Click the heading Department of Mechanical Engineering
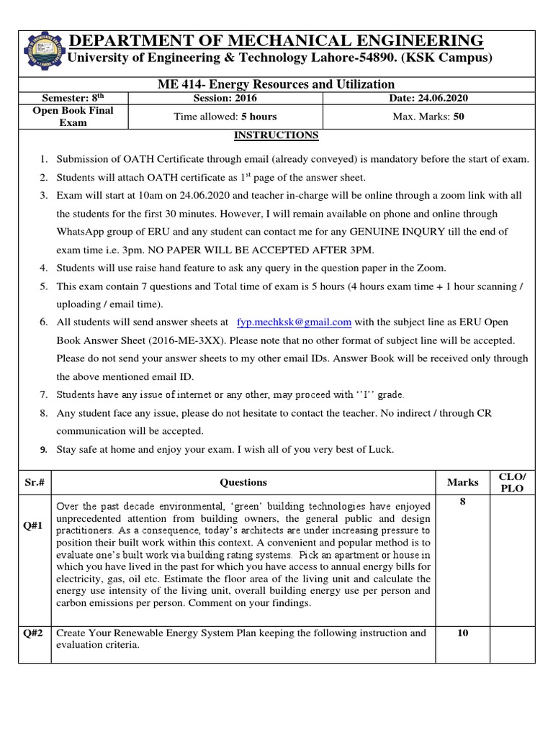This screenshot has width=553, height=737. pos(275,40)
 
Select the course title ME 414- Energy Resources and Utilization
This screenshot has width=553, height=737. pos(276,84)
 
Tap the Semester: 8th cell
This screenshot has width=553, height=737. pos(73,98)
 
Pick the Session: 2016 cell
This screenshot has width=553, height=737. pos(225,98)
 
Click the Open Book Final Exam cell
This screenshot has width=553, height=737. pos(73,117)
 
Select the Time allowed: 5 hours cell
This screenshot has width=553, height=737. pos(225,117)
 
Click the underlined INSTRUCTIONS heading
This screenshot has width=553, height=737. pos(276,135)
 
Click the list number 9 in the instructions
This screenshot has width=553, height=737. pos(43,450)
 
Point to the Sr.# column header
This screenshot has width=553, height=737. pos(35,482)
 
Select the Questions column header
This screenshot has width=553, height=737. pos(243,482)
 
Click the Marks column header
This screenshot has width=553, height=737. pos(462,482)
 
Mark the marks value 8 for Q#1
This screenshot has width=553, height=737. pos(462,502)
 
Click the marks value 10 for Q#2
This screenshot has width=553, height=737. pos(462,633)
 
